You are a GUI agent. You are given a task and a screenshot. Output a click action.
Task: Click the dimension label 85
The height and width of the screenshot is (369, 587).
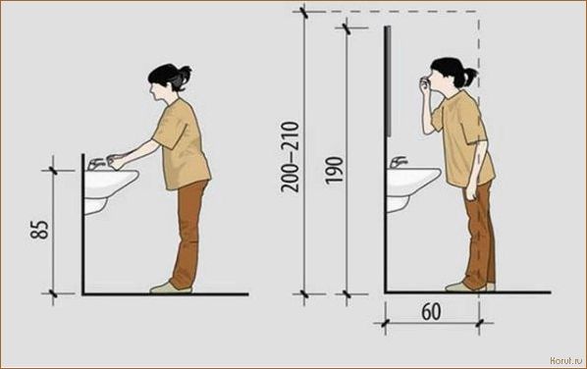pos(39,230)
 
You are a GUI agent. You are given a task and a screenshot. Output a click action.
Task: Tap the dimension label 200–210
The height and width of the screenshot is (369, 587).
pos(291,157)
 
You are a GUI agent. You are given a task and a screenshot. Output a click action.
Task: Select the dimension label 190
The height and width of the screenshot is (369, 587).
pos(334,171)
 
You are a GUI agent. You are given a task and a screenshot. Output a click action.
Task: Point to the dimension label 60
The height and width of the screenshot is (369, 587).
pos(431,311)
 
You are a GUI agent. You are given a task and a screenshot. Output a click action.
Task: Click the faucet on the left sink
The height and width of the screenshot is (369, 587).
pos(95,164)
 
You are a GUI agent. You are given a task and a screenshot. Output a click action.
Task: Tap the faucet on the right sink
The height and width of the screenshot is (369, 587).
pos(398,162)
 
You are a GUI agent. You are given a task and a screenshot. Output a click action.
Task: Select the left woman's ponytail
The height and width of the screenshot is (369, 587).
pos(184,77)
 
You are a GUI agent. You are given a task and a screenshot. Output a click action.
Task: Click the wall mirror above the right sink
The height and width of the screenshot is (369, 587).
pos(388,80)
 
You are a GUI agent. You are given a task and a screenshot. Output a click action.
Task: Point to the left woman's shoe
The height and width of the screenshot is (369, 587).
pos(171,289)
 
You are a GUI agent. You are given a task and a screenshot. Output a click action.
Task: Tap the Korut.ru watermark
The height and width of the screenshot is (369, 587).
pos(566,360)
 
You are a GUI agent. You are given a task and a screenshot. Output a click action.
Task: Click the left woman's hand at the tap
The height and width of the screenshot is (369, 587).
pos(115,161)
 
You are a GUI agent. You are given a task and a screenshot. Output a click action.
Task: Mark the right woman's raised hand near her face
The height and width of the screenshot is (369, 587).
pos(424,85)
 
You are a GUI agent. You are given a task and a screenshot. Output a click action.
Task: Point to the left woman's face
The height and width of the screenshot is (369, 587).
pos(154,91)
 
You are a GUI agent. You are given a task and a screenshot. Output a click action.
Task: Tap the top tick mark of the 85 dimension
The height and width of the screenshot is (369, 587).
pos(53,171)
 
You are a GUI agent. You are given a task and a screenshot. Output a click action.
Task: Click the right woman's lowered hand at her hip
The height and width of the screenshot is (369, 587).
pos(470,191)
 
